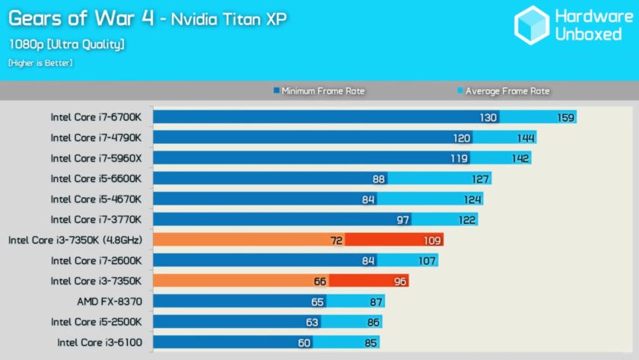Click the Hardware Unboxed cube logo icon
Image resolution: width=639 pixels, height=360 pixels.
coord(531,25)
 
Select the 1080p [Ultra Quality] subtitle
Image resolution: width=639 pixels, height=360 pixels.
coord(67,44)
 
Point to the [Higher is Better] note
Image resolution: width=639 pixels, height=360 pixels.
coord(40,63)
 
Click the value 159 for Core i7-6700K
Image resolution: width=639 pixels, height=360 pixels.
coord(565,117)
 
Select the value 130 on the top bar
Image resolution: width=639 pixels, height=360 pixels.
coord(488,117)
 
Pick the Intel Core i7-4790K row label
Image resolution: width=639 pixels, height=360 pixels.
coord(96,138)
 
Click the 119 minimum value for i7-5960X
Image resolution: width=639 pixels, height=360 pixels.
coord(459,158)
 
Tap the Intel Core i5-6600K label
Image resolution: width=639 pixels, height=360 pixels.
coord(96,179)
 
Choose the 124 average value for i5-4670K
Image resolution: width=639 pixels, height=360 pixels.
coord(472,199)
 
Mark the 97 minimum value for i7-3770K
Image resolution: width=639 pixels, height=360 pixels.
coord(403,220)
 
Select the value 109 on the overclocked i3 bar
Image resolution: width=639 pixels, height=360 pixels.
coord(433,240)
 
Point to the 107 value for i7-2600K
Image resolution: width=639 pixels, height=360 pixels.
coord(427,260)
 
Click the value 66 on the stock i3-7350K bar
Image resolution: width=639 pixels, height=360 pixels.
coord(319,281)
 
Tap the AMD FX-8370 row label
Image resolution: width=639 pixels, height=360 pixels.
coord(110,301)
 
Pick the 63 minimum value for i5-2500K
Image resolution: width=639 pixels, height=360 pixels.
coord(313,322)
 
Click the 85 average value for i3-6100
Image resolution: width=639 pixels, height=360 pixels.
coord(371,342)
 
